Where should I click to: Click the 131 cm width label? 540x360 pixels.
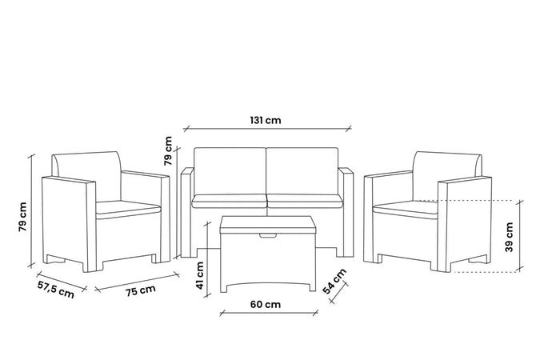coord(266,120)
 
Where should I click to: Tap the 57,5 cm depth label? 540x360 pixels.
coord(56,290)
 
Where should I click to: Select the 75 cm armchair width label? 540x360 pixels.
coord(141,290)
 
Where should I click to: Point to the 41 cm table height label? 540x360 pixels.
coord(200,275)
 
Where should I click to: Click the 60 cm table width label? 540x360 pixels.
coord(266,304)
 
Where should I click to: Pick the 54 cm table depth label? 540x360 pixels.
coord(334,282)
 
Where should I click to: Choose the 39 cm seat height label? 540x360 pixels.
coord(510,237)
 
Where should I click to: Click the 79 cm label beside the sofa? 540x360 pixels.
coord(168,151)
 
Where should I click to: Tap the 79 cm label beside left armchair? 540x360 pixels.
coord(22,217)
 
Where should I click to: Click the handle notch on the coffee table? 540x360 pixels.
coord(267,236)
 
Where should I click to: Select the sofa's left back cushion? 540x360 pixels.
coord(230,171)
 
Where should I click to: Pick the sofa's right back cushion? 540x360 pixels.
coord(302,171)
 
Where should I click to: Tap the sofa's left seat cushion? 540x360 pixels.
coord(229,201)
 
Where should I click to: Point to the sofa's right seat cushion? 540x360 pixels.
coord(305,201)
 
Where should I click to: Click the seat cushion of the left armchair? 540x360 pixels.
coord(128,209)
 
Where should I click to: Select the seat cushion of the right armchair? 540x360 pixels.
coord(406,209)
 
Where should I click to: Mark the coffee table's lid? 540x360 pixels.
coord(267,224)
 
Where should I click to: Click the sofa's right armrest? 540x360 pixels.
coord(346,212)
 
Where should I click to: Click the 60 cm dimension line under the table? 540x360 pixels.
coord(269,313)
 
